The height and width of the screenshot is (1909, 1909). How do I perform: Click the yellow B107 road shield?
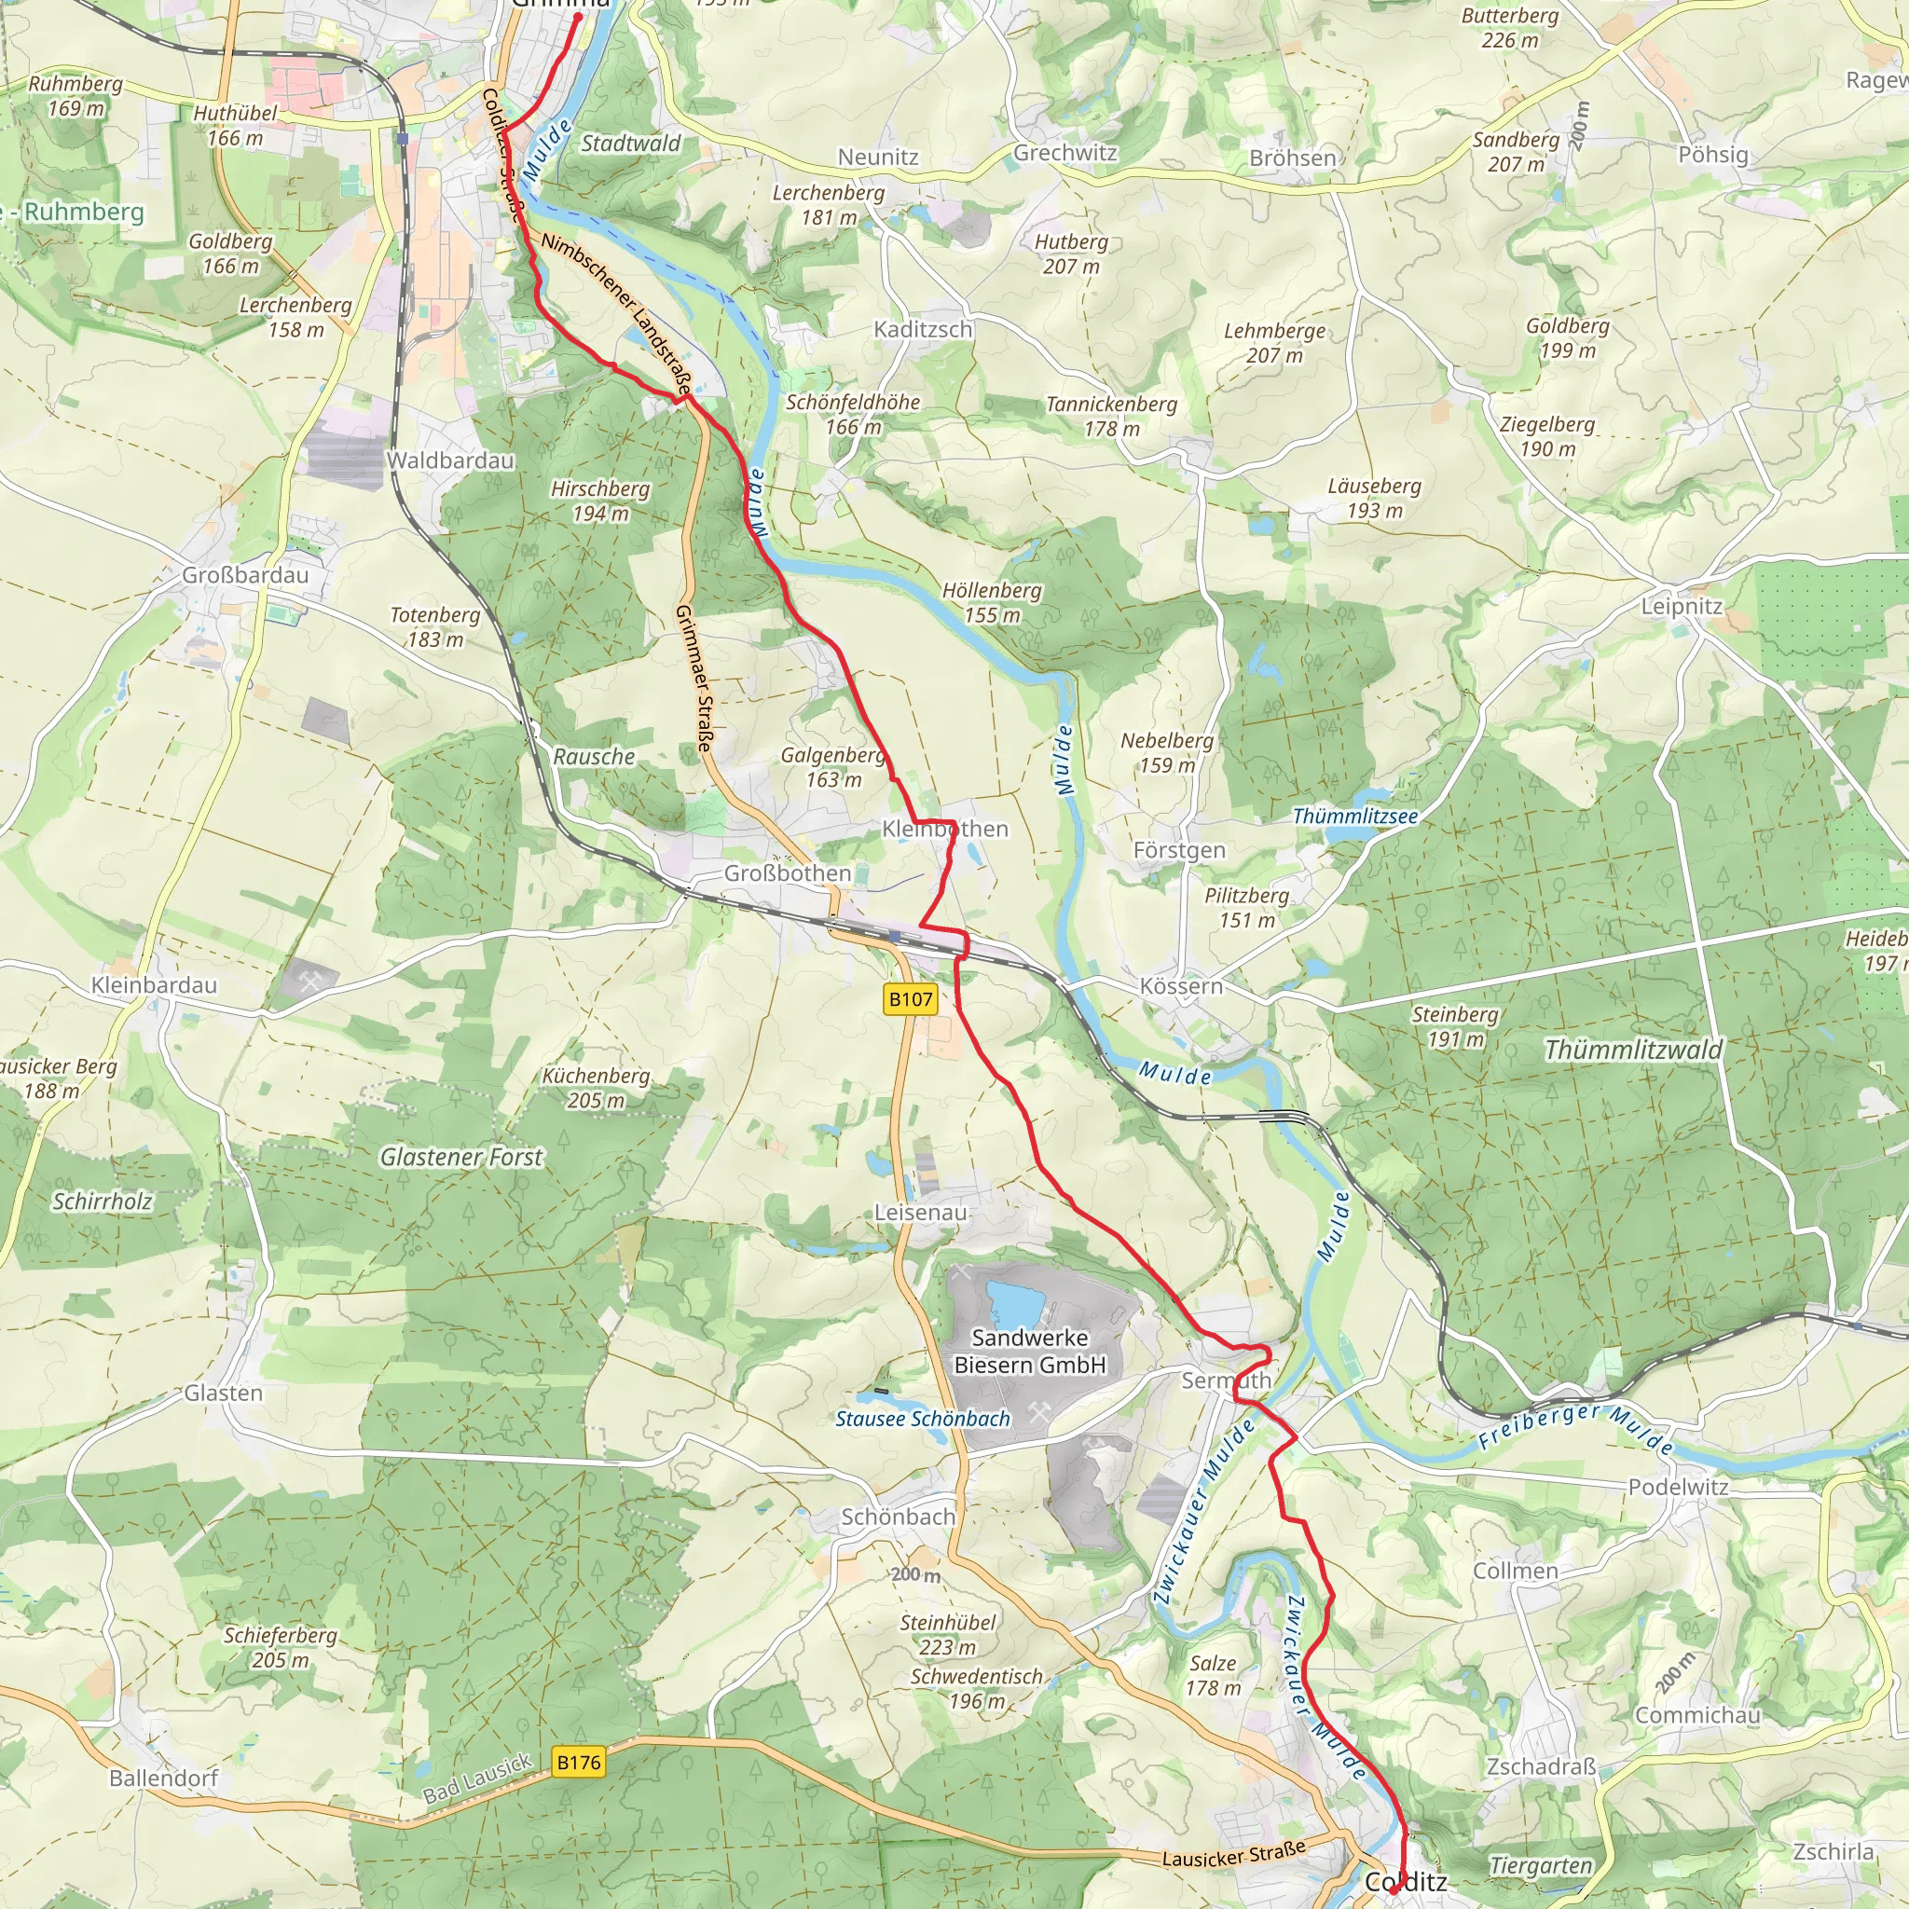click(x=910, y=999)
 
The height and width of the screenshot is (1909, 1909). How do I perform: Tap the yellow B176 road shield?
click(x=578, y=1762)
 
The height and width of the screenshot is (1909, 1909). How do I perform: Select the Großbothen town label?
click(x=788, y=873)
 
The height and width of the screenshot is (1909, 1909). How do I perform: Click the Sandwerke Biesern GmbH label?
click(x=1030, y=1351)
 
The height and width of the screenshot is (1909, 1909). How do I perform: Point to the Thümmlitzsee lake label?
click(x=1354, y=817)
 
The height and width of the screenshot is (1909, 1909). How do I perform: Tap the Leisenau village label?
click(x=920, y=1212)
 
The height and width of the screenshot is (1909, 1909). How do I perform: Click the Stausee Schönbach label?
click(x=923, y=1419)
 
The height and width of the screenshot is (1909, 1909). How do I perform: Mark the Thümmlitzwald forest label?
click(x=1632, y=1051)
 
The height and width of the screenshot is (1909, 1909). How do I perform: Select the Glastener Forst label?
click(x=461, y=1157)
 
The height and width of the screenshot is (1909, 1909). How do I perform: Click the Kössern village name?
click(x=1181, y=986)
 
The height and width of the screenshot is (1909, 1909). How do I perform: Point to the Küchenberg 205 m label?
click(x=596, y=1088)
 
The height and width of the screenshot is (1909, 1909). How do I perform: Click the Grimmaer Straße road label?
click(x=694, y=678)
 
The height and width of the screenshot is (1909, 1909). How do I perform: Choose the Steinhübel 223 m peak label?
click(x=948, y=1634)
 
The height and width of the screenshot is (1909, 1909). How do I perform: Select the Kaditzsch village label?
click(x=923, y=329)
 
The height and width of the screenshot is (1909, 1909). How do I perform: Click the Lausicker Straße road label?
click(x=1233, y=1855)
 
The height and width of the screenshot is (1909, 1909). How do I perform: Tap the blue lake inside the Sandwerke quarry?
click(x=1015, y=1303)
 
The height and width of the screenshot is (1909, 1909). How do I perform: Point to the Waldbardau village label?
click(x=449, y=460)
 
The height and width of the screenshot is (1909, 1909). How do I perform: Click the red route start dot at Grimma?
click(x=578, y=17)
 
